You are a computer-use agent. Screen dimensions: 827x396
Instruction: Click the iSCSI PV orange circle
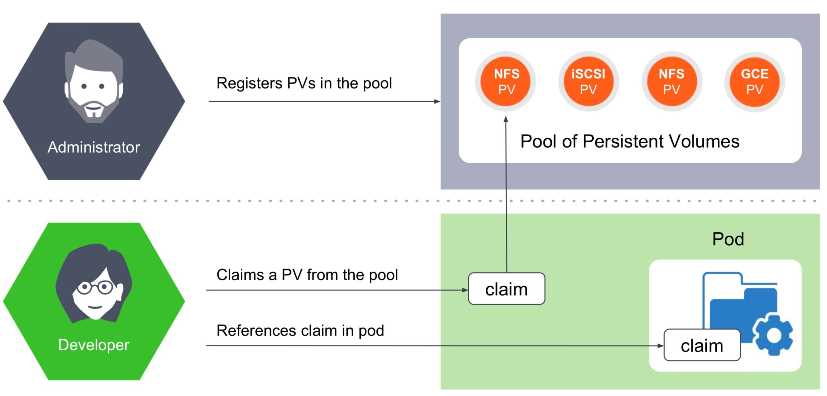pyautogui.click(x=588, y=81)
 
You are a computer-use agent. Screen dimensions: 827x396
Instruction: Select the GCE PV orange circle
pyautogui.click(x=754, y=82)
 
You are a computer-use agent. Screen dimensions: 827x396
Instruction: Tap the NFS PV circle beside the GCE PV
pyautogui.click(x=672, y=81)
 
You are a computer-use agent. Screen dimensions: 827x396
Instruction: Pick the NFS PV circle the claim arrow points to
pyautogui.click(x=505, y=81)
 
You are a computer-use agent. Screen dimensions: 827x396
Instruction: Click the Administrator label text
pyautogui.click(x=94, y=147)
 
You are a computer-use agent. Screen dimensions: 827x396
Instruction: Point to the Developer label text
pyautogui.click(x=94, y=345)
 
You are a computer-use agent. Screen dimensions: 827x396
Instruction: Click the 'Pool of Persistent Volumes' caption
pyautogui.click(x=630, y=141)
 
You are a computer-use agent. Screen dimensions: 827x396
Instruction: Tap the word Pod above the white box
pyautogui.click(x=728, y=239)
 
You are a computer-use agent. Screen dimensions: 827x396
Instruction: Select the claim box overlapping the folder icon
pyautogui.click(x=702, y=345)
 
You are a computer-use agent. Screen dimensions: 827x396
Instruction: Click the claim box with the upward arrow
pyautogui.click(x=506, y=289)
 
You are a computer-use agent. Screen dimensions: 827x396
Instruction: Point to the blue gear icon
pyautogui.click(x=773, y=335)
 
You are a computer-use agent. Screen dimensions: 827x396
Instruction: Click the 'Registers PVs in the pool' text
pyautogui.click(x=304, y=83)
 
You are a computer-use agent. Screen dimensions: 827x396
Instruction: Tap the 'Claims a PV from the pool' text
pyautogui.click(x=307, y=275)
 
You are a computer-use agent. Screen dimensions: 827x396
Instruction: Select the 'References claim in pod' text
pyautogui.click(x=300, y=331)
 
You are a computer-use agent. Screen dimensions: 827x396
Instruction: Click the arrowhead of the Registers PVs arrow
pyautogui.click(x=437, y=102)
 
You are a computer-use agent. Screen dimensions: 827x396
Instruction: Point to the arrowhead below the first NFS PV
pyautogui.click(x=506, y=119)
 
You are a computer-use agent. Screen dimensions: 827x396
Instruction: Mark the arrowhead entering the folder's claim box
pyautogui.click(x=661, y=346)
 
